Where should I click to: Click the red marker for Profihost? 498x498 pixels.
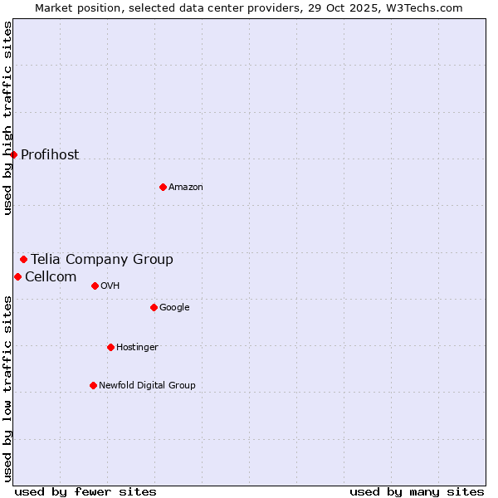[x=13, y=154]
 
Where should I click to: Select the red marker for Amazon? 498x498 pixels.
[x=163, y=187]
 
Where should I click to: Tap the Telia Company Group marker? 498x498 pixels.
[x=23, y=259]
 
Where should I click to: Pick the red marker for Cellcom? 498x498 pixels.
[x=17, y=276]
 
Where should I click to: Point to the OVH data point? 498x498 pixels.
[x=95, y=286]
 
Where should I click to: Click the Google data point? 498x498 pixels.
[x=154, y=307]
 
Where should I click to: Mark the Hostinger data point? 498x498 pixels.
[x=110, y=347]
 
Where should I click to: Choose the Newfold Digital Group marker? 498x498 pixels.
[x=93, y=385]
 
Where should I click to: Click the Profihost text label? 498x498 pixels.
[x=50, y=154]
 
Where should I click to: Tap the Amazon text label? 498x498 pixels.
[x=186, y=187]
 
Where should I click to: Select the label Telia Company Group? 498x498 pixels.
[x=102, y=259]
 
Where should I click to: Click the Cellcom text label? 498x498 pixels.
[x=51, y=276]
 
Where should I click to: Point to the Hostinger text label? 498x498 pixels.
[x=137, y=347]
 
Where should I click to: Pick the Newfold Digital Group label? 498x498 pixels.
[x=147, y=385]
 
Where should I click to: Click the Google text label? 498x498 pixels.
[x=174, y=307]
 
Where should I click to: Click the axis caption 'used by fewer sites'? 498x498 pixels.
[x=85, y=491]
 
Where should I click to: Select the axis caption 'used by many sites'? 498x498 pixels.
[x=417, y=491]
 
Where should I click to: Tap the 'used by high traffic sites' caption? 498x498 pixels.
[x=7, y=118]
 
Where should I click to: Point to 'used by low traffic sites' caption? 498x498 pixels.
[x=7, y=388]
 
